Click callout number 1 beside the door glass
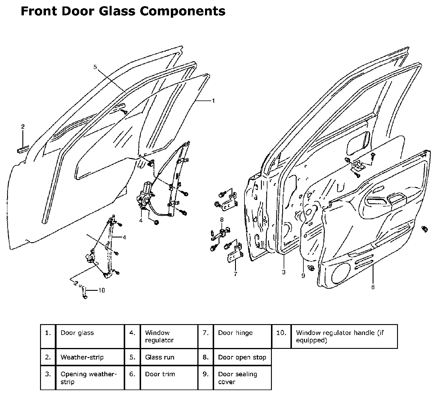point(214,101)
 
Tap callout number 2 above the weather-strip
point(23,127)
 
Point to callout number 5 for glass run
point(95,67)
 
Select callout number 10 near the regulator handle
point(101,291)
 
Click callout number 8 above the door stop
point(221,220)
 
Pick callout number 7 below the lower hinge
point(235,274)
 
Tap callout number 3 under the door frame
point(283,272)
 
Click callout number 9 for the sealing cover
point(303,276)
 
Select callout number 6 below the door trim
point(373,287)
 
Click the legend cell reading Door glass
point(77,333)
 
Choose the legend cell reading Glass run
point(160,357)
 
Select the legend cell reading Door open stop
point(242,357)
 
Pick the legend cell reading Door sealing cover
point(237,378)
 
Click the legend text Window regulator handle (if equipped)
point(340,336)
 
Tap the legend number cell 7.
point(206,333)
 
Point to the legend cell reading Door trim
point(160,374)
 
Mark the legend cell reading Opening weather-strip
point(88,378)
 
